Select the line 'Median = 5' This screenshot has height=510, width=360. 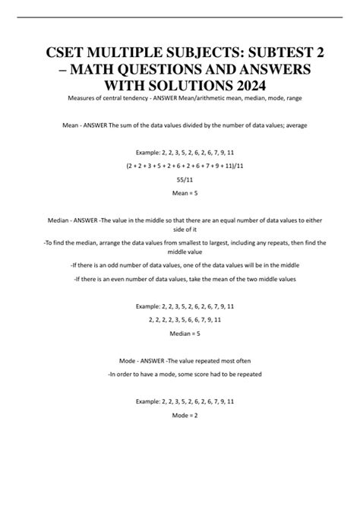pos(180,333)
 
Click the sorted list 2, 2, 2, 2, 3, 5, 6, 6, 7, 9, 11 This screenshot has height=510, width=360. pos(180,319)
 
